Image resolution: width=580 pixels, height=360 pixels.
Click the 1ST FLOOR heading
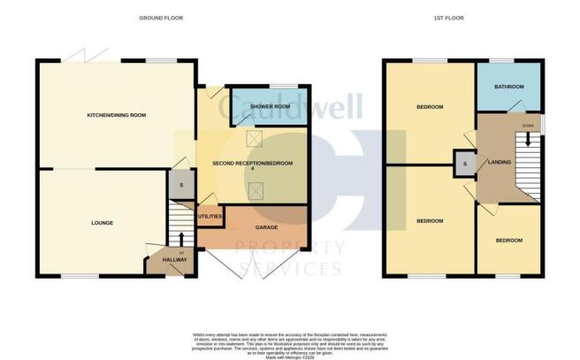tap(453, 18)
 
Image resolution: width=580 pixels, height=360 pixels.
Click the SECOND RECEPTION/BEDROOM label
tap(252, 165)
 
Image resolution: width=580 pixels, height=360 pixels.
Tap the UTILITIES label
tap(210, 216)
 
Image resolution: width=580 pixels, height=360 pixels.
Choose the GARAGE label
tap(266, 227)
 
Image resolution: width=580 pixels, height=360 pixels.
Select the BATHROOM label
tap(508, 87)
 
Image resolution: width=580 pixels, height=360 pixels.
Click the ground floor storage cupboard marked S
tap(180, 187)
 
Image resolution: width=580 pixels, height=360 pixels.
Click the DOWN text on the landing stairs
tap(528, 126)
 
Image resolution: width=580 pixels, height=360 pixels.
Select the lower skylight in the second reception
tap(258, 188)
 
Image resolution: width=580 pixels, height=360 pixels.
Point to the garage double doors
tap(250, 263)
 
